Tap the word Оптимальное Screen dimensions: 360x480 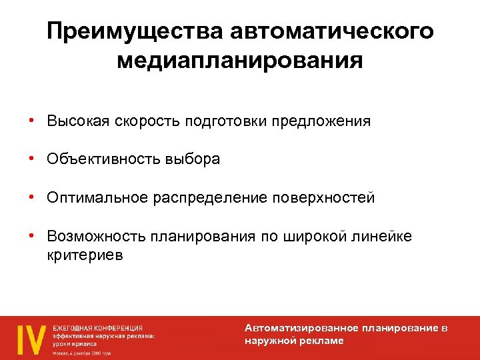tap(97, 198)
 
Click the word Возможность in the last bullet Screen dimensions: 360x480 tap(95, 237)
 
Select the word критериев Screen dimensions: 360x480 tap(85, 255)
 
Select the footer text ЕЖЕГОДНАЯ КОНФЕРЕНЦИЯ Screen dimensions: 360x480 tap(98, 328)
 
